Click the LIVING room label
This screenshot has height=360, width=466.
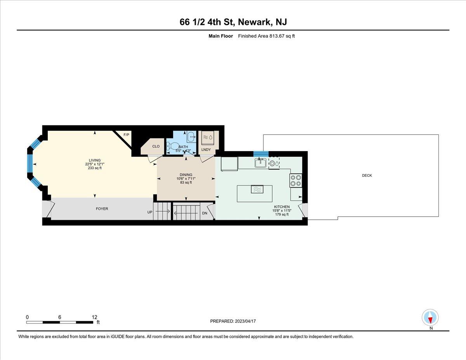coord(95,160)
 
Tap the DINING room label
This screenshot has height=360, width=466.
coord(186,175)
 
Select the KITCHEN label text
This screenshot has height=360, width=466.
coord(282,207)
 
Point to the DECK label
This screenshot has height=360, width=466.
coord(367,176)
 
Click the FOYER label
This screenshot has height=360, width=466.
coord(102,209)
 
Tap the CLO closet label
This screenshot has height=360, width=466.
coord(156,146)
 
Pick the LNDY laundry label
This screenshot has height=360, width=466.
coord(206,150)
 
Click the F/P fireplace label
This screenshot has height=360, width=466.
coord(126,135)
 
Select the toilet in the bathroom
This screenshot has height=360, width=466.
coord(172,146)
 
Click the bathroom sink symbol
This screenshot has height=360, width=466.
coord(191,136)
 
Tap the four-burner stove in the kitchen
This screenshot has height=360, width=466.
coord(296,180)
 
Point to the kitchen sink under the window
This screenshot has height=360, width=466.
coord(261,163)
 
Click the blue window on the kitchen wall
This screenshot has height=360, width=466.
coord(261,154)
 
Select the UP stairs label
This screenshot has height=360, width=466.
coord(150,212)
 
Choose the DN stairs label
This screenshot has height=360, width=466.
coord(205,213)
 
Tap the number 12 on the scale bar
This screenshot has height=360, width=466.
coord(94,317)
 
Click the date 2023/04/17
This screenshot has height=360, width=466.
coord(245,321)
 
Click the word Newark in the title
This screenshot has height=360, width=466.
coord(254,22)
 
